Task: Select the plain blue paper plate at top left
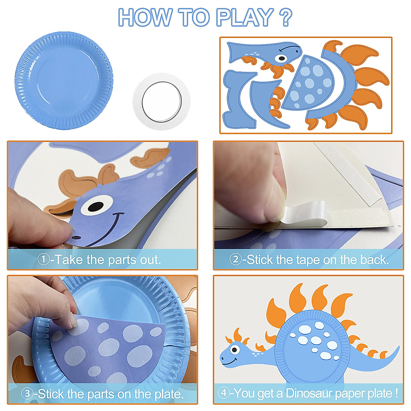pos(64,80)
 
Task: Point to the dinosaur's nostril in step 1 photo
pos(76,237)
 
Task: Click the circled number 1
pos(43,259)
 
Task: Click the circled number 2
pos(235,259)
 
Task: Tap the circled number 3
pos(28,394)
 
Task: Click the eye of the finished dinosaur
pos(235,349)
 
